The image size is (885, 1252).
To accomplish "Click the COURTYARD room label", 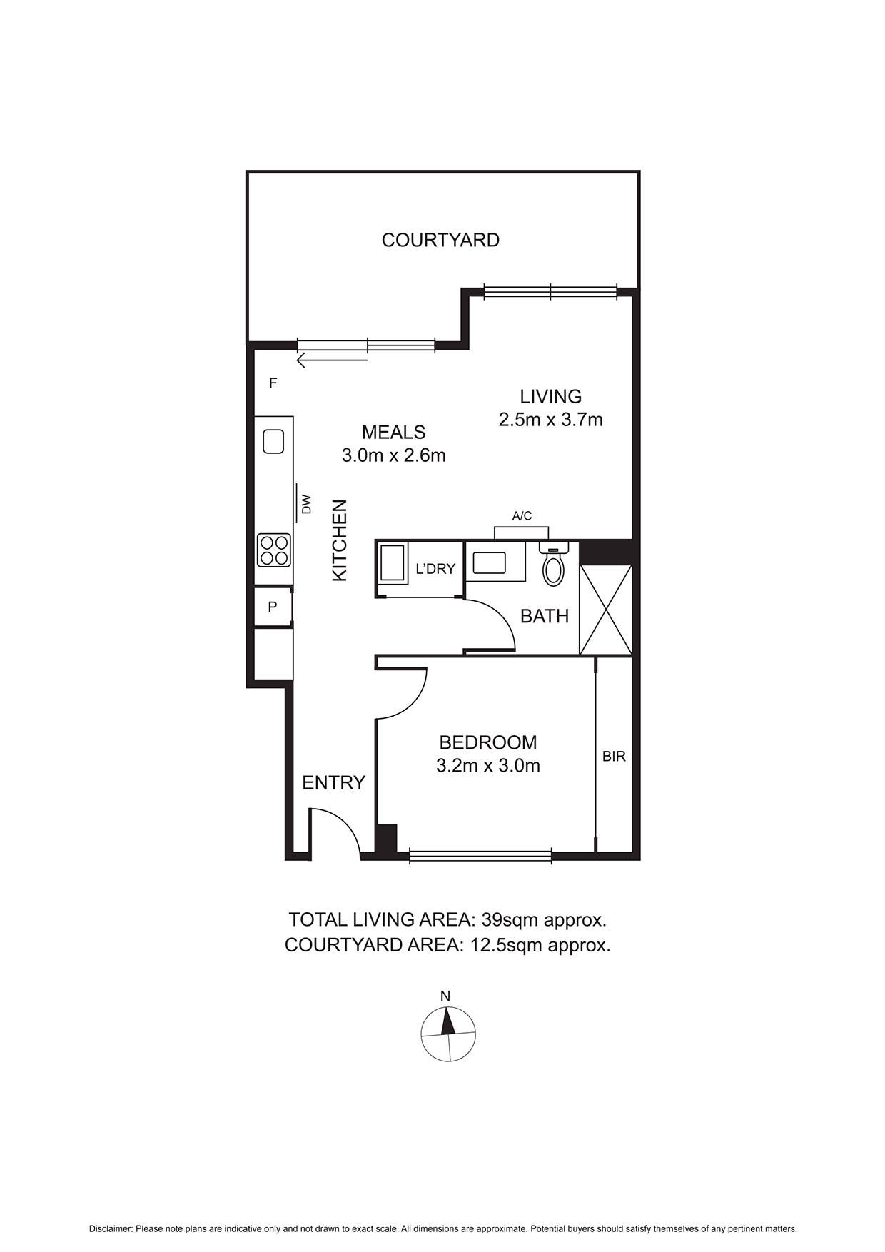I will tap(440, 240).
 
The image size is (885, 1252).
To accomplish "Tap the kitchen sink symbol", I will tap(274, 441).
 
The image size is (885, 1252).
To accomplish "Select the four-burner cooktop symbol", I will tap(274, 550).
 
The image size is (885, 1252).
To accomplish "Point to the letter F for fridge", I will tap(273, 383).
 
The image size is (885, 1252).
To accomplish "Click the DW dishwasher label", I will tap(307, 504).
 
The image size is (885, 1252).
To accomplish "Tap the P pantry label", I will tap(272, 607).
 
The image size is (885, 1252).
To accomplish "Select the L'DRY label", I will tap(435, 569).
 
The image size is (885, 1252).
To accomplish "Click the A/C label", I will tap(522, 516).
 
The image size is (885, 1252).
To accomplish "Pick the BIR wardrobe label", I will tap(614, 756).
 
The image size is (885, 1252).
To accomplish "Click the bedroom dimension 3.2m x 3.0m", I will tap(487, 766).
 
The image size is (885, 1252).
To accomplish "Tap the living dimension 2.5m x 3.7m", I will tap(550, 420).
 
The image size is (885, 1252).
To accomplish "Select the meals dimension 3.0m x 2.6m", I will tap(393, 455).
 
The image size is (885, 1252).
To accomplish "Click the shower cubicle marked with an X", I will tap(605, 610).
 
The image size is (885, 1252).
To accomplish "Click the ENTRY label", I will tap(333, 782).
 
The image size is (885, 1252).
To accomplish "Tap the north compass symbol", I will tap(448, 1034).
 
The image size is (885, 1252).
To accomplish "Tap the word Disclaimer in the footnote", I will tap(111, 1228).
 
